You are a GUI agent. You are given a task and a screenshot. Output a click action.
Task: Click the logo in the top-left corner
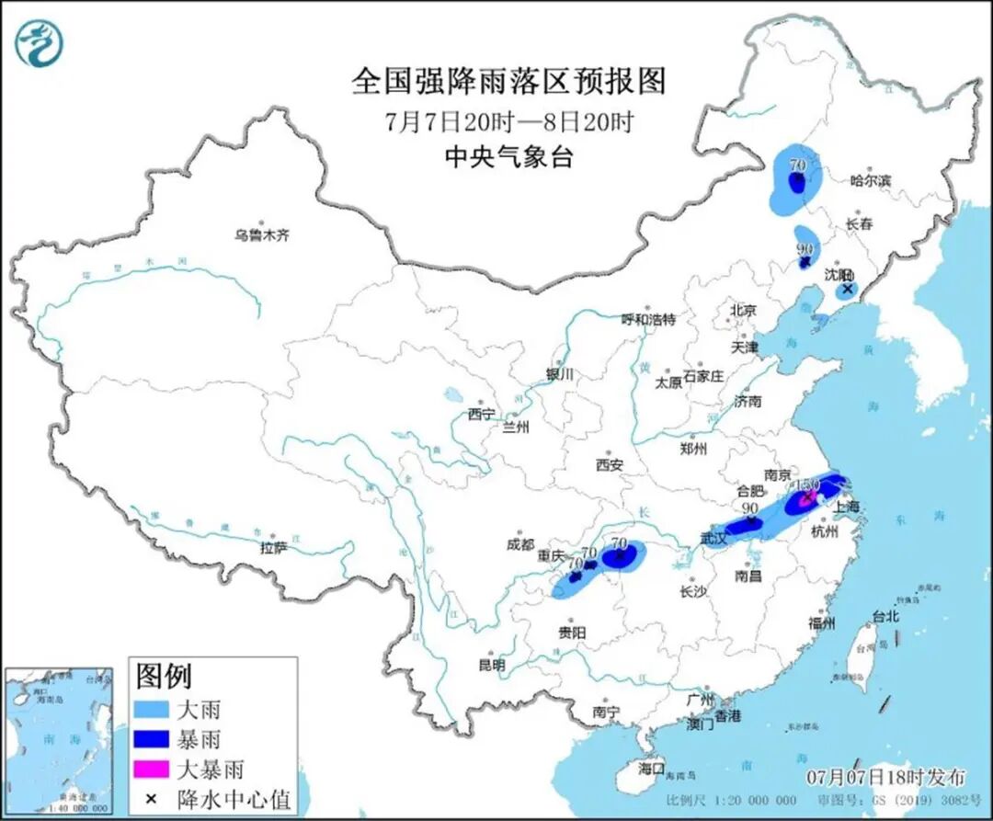tap(39, 43)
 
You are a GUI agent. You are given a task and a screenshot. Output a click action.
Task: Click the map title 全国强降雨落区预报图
tap(508, 82)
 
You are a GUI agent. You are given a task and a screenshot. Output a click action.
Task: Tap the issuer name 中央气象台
tap(508, 157)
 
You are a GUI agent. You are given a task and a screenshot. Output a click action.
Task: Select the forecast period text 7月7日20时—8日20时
tap(508, 121)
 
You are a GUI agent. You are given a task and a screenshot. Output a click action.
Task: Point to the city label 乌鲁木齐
tap(261, 235)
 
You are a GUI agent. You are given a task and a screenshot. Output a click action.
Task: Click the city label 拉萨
tap(274, 548)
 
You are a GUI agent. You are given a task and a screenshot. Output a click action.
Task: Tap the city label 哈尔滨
tap(870, 181)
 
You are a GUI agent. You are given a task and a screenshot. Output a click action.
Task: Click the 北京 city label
tap(743, 310)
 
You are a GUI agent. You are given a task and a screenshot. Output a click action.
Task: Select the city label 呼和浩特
tap(647, 320)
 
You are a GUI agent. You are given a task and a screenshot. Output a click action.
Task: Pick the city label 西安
tap(609, 465)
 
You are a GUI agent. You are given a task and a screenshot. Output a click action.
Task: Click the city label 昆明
tap(492, 665)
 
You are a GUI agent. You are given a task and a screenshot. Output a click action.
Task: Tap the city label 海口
tap(651, 767)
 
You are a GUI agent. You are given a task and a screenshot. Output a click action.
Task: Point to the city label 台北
tap(885, 617)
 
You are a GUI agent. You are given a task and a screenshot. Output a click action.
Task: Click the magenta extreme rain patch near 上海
tap(806, 499)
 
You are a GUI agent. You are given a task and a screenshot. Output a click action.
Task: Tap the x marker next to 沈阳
tap(848, 289)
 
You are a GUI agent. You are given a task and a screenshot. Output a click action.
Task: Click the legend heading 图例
tap(164, 678)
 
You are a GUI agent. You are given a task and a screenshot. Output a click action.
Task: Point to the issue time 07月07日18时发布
tap(885, 777)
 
